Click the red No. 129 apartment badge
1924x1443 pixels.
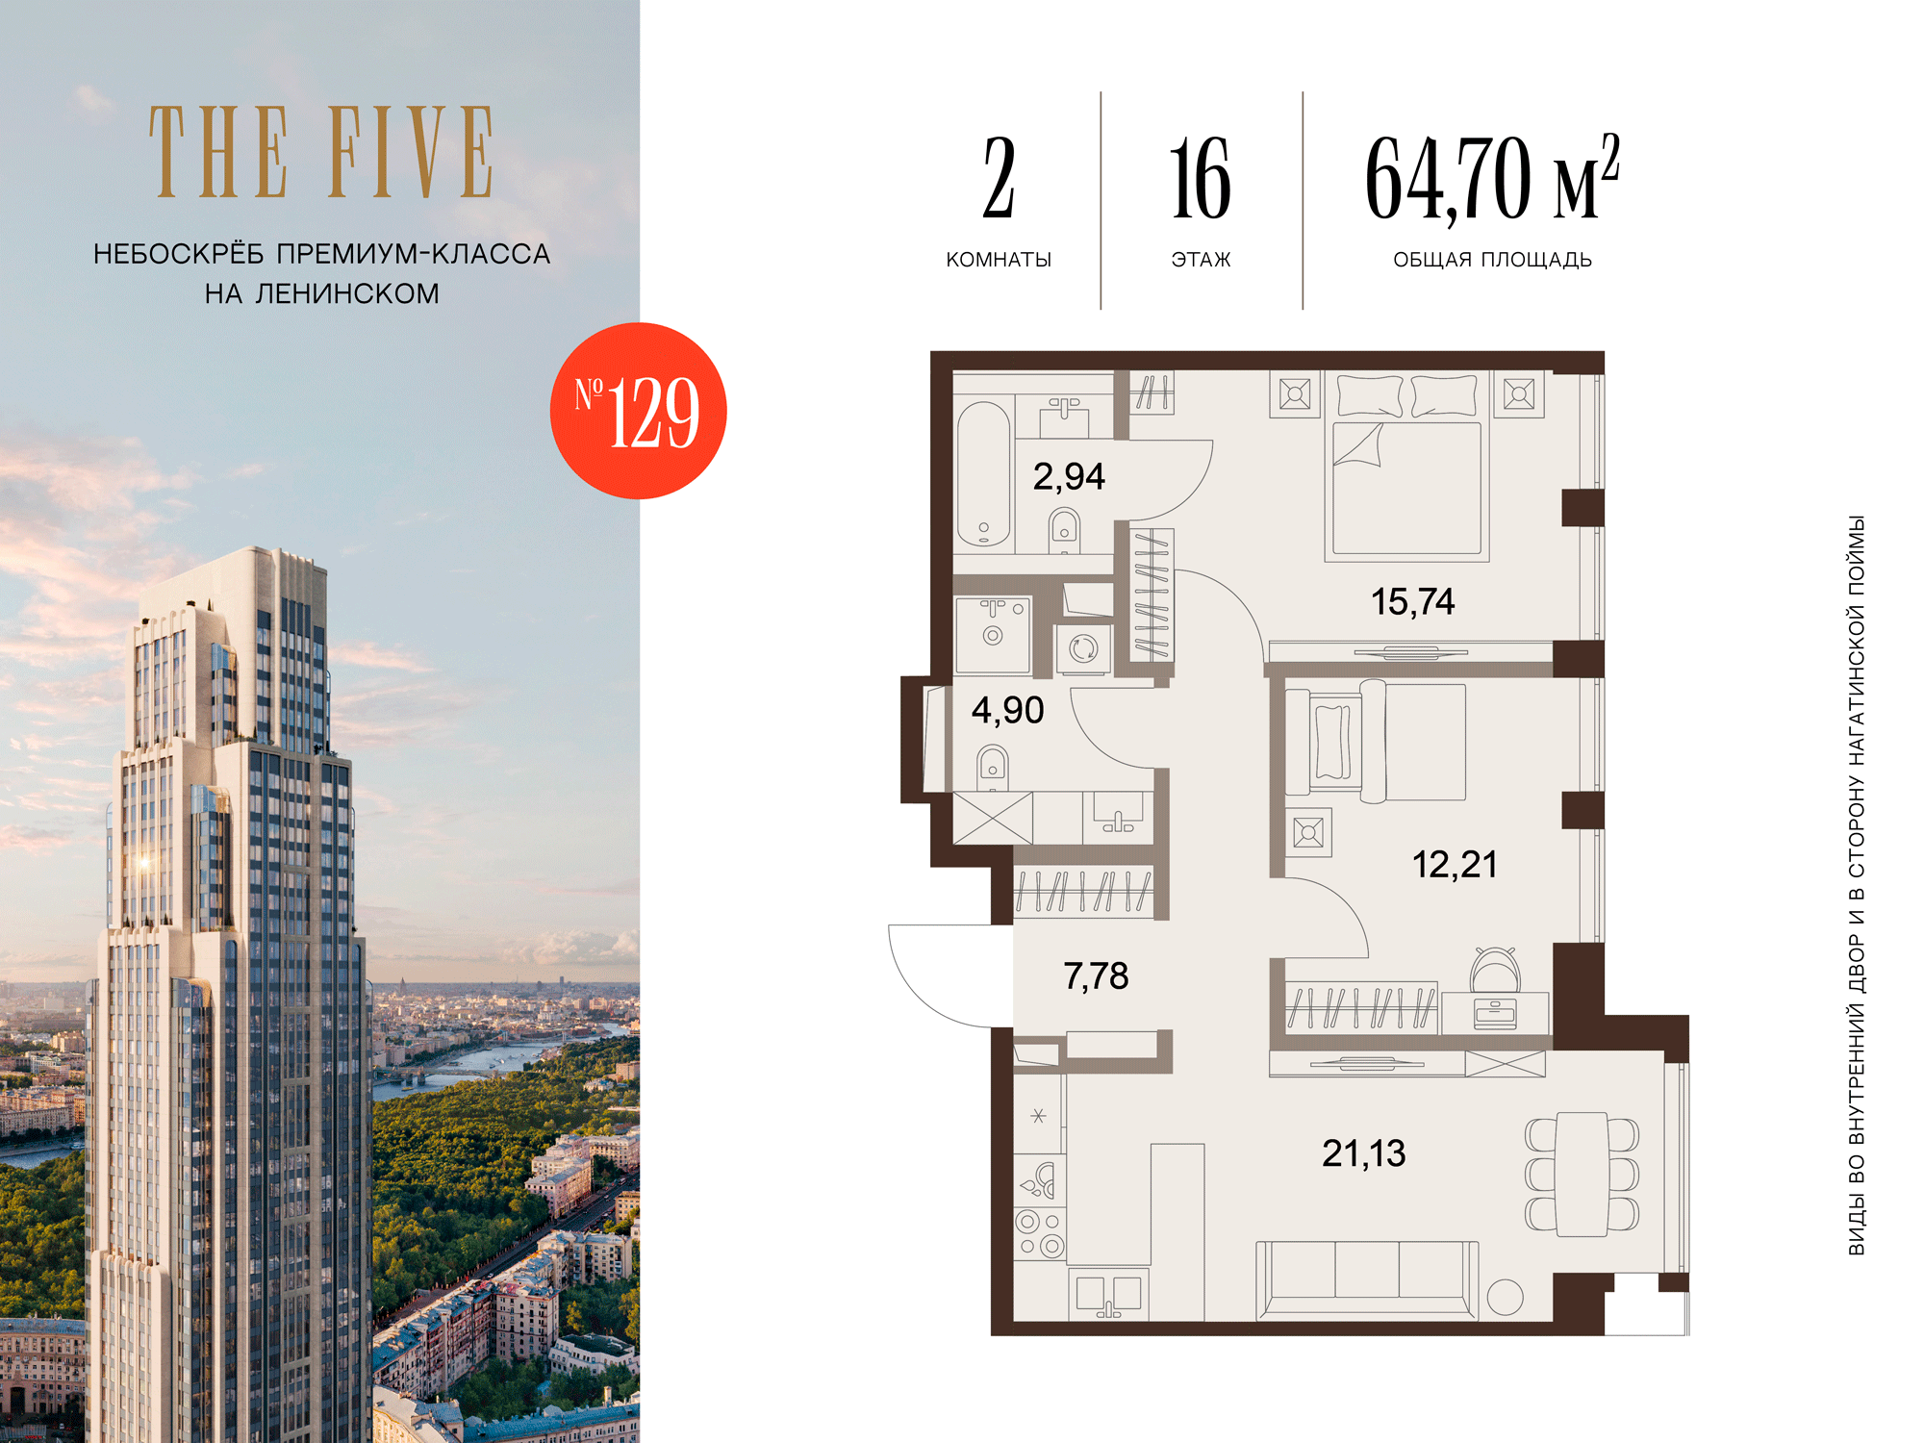coord(638,411)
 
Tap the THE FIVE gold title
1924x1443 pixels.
coord(321,152)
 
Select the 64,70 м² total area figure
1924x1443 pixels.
coord(1492,178)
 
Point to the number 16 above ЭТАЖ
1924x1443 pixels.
coord(1201,178)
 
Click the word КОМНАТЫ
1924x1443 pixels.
coord(999,260)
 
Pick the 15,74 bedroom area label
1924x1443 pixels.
coord(1412,602)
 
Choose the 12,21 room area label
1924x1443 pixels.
coord(1454,864)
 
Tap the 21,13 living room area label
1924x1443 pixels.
coord(1363,1152)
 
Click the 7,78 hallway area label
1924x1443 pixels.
coord(1096,976)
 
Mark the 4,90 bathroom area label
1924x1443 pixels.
coord(1007,710)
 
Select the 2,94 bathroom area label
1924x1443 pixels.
coord(1069,476)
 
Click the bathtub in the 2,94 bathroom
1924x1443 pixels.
coord(983,473)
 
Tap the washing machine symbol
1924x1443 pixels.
coord(1084,648)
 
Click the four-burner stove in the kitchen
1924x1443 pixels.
coord(1040,1234)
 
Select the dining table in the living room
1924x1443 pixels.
coord(1582,1174)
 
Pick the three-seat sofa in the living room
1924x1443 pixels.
coord(1367,1280)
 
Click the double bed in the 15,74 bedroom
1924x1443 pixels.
coord(1406,467)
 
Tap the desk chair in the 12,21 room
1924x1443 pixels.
coord(1496,969)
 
